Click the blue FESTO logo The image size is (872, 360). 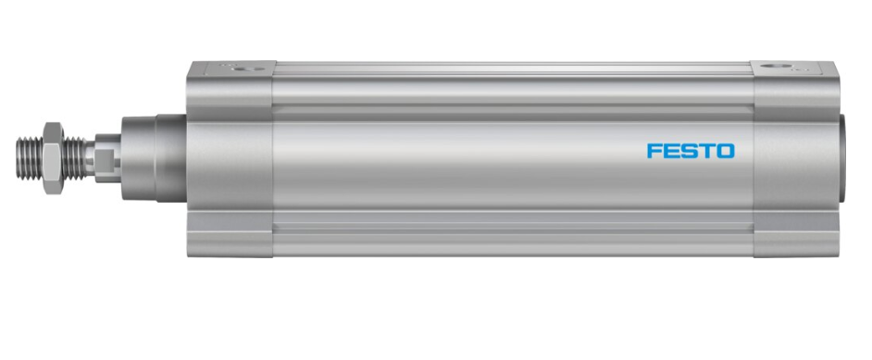pos(691,151)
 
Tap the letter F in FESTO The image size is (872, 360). pos(654,151)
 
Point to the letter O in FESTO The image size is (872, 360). pos(726,151)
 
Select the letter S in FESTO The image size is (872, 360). pos(689,151)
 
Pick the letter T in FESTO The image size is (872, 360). pos(706,151)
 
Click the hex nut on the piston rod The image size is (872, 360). pos(54,158)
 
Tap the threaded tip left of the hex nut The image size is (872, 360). pos(30,158)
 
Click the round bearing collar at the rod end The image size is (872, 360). pos(154,157)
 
